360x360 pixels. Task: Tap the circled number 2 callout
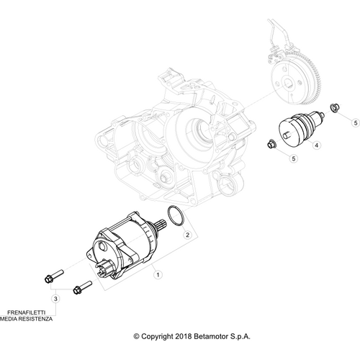pos(187,233)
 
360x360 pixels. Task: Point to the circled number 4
pos(316,145)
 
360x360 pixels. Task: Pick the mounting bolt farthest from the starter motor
pos(53,276)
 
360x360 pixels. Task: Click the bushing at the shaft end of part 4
pos(334,109)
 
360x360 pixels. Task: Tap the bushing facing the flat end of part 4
pos(271,143)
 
